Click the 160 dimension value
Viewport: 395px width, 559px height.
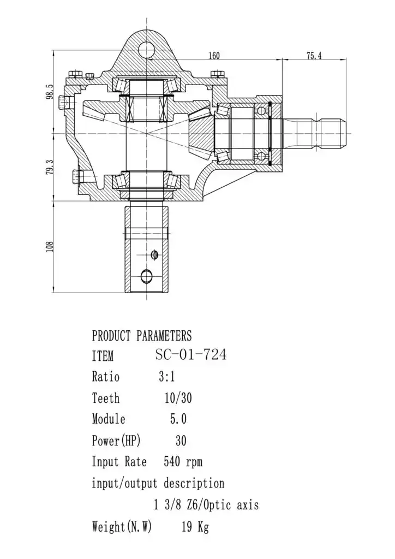pyautogui.click(x=214, y=56)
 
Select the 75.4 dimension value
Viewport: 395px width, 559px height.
pyautogui.click(x=314, y=56)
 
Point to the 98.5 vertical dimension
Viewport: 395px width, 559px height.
pyautogui.click(x=50, y=92)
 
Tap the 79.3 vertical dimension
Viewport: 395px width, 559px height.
pyautogui.click(x=50, y=167)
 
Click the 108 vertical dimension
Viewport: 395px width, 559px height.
pyautogui.click(x=50, y=247)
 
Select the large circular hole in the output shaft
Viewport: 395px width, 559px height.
pyautogui.click(x=146, y=276)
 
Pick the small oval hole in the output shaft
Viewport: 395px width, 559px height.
pyautogui.click(x=154, y=254)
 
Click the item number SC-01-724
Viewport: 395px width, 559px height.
pyautogui.click(x=191, y=355)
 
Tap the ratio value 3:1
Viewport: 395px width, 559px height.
pyautogui.click(x=167, y=377)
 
